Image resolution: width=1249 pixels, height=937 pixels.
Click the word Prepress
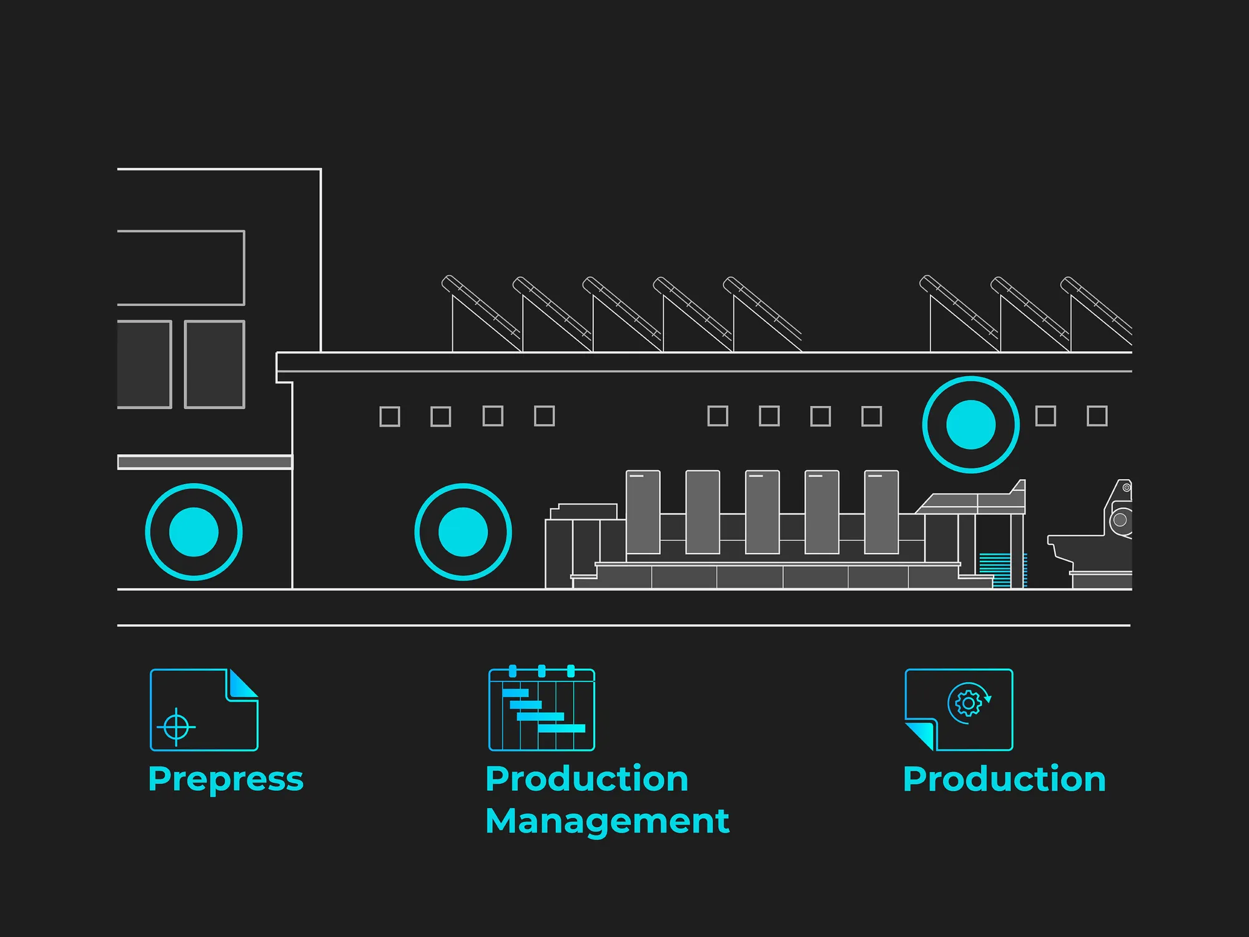pyautogui.click(x=225, y=780)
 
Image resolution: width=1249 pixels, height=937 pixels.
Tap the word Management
pyautogui.click(x=607, y=821)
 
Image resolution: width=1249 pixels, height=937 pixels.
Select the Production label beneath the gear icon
pyautogui.click(x=1004, y=779)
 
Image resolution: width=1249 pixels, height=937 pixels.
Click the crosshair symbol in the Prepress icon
pyautogui.click(x=176, y=726)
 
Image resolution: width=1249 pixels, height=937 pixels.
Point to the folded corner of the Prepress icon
pyautogui.click(x=242, y=685)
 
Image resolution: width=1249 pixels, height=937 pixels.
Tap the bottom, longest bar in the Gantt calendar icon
pyautogui.click(x=561, y=728)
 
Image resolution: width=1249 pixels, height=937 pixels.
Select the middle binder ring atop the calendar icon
pyautogui.click(x=541, y=672)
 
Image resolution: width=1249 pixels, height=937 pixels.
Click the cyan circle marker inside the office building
pyautogui.click(x=194, y=532)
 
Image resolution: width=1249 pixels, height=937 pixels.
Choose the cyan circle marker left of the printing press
pyautogui.click(x=463, y=532)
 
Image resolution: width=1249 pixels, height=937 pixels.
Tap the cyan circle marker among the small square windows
pyautogui.click(x=970, y=425)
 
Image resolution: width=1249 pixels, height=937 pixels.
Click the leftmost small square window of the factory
pyautogui.click(x=390, y=417)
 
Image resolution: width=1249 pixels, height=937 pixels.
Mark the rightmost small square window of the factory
pyautogui.click(x=1097, y=416)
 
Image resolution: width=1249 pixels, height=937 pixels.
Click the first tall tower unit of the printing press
pyautogui.click(x=643, y=512)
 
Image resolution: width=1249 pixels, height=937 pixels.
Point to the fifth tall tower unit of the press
pyautogui.click(x=881, y=512)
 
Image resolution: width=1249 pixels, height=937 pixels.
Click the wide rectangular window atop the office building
pyautogui.click(x=180, y=268)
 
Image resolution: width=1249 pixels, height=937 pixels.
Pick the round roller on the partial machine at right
pyautogui.click(x=1120, y=520)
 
